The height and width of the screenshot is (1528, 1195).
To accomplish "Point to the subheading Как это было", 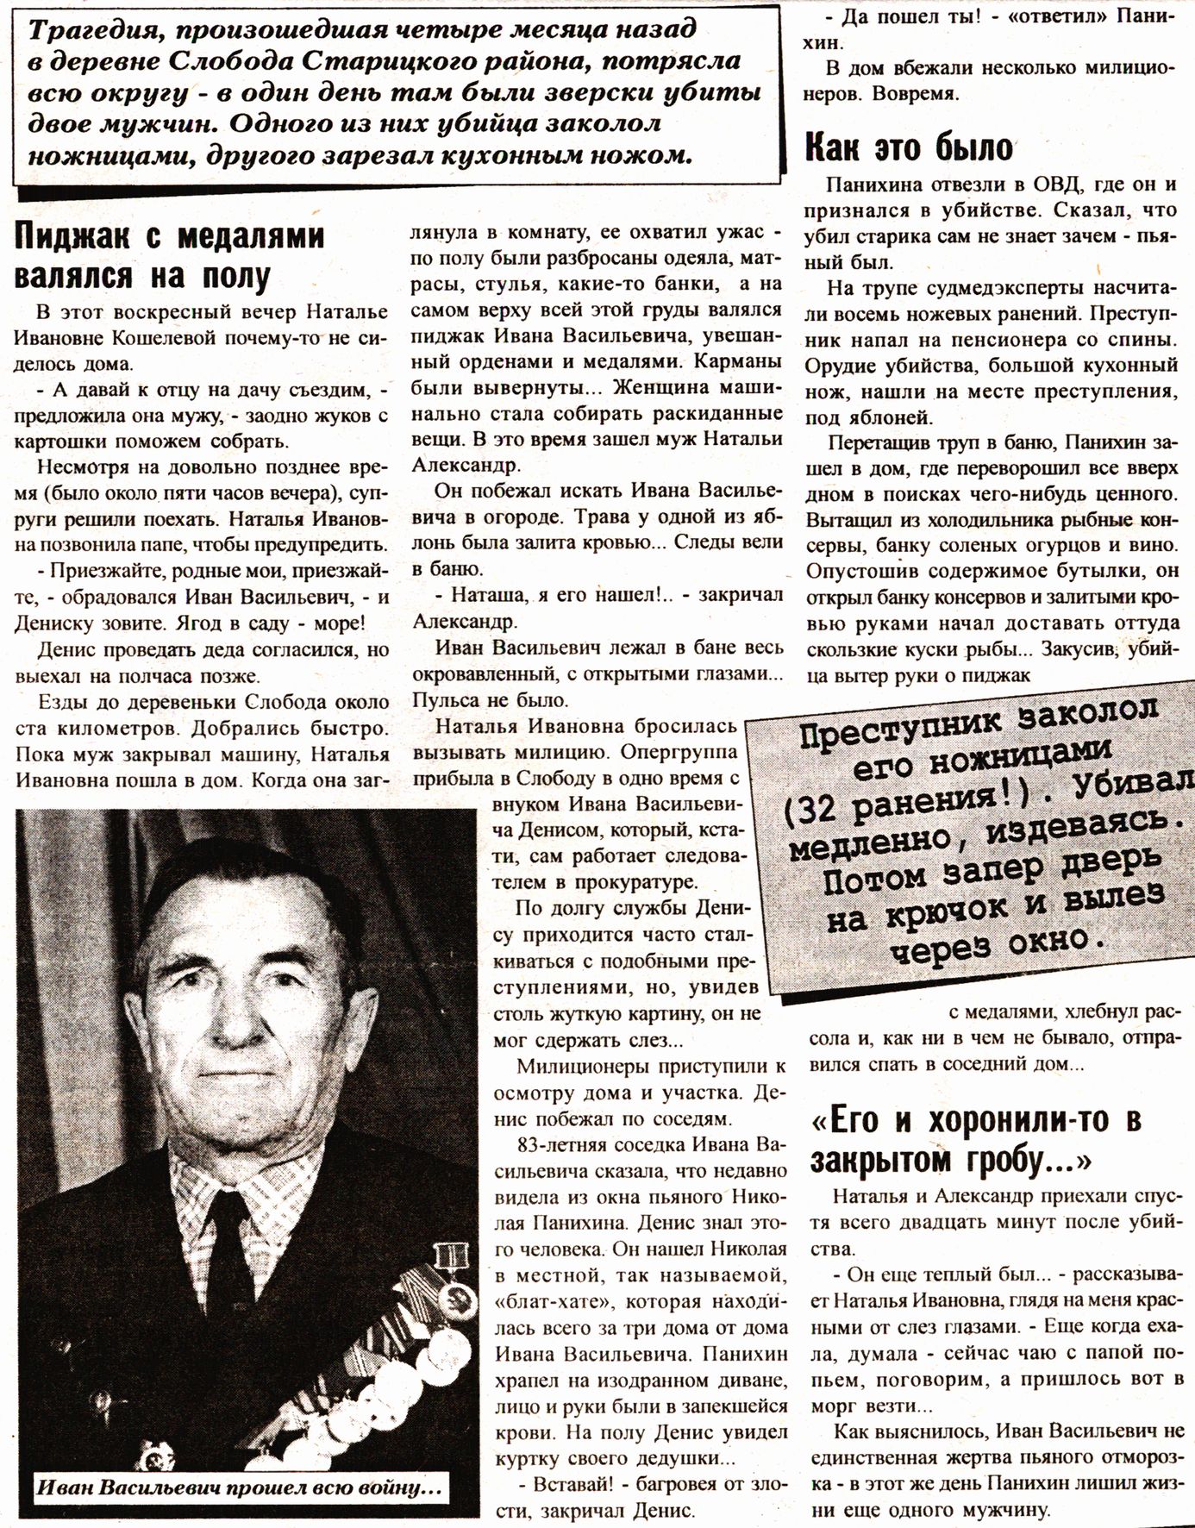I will pyautogui.click(x=909, y=148).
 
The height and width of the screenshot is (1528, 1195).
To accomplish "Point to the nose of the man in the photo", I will pyautogui.click(x=234, y=1043).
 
